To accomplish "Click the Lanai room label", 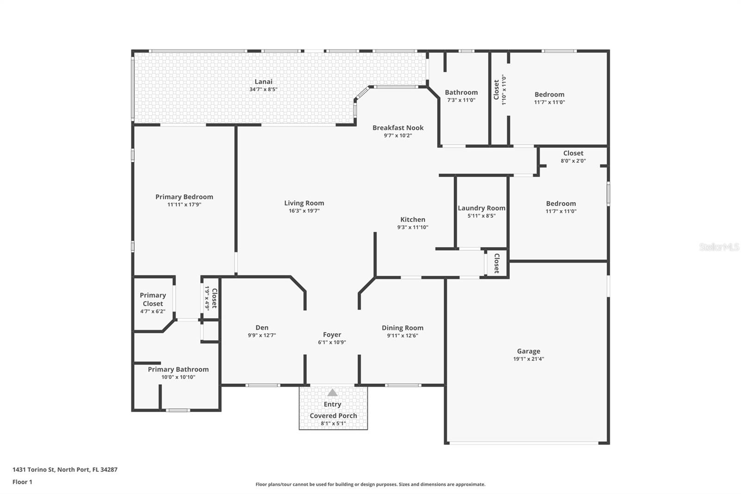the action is click(x=264, y=82).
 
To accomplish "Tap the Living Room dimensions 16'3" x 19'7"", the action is click(x=304, y=210).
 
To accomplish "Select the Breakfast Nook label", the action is click(x=398, y=127).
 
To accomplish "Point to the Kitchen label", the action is click(x=413, y=219).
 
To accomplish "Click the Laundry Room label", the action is click(x=481, y=208).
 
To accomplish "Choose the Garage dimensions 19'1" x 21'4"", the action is click(x=528, y=359).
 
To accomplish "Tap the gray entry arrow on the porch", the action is click(x=332, y=393).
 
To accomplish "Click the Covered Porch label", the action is click(x=333, y=416).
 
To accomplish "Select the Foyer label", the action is click(x=332, y=335).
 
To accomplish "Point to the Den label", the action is click(x=262, y=328).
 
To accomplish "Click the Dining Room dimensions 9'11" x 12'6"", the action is click(x=402, y=336).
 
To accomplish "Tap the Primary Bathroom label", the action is click(x=178, y=369).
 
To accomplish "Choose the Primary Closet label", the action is click(x=152, y=299).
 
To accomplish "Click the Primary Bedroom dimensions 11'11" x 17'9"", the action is click(x=184, y=204).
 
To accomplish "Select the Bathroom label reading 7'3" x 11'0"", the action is click(x=461, y=92).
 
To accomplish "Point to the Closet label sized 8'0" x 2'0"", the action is click(x=573, y=153).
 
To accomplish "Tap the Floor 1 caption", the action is click(x=22, y=482).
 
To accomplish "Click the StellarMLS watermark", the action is click(x=719, y=247).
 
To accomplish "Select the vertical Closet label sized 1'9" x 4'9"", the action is click(x=214, y=298).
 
